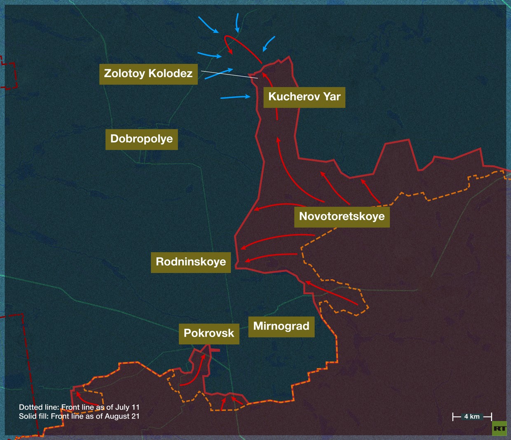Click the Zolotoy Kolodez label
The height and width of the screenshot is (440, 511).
click(148, 74)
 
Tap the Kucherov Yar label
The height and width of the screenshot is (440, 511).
click(304, 97)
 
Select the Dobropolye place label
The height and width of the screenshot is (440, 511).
click(141, 139)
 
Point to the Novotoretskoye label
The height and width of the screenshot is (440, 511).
click(342, 216)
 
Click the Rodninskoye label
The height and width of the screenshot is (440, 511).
click(191, 262)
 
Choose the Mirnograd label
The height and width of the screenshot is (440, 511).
click(281, 326)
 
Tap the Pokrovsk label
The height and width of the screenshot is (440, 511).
click(209, 333)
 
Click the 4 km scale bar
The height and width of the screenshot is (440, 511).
click(472, 417)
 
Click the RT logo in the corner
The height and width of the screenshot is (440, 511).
click(499, 428)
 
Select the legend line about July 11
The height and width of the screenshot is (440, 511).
click(79, 407)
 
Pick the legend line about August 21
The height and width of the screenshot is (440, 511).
click(79, 416)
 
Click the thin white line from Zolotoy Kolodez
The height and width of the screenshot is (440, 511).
click(229, 75)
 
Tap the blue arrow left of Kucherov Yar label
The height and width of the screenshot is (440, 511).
click(235, 97)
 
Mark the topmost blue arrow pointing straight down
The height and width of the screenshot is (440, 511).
click(237, 22)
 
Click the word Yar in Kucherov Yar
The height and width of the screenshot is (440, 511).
click(332, 97)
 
